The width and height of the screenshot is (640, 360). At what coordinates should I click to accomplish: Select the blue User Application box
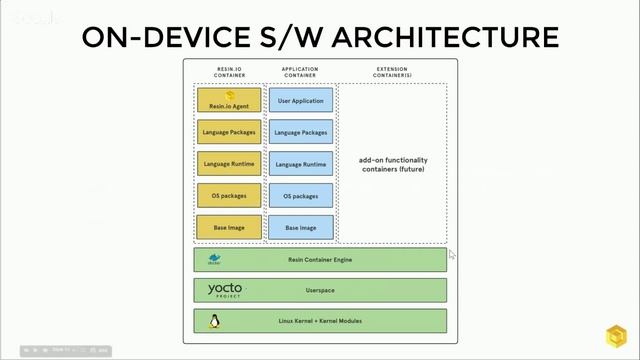coord(300,100)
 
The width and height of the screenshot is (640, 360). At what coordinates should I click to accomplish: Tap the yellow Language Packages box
coord(229,132)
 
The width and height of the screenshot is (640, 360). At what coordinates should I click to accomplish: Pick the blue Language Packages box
coord(300,132)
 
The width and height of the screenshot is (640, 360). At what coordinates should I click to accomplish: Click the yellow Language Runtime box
coord(229,164)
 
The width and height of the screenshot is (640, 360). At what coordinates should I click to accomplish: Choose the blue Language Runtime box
coord(300,164)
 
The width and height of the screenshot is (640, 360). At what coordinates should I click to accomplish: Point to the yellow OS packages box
coord(229,196)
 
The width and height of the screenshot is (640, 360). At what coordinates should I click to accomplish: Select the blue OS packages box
coord(300,196)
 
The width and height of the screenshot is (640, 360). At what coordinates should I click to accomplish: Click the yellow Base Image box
coord(229,228)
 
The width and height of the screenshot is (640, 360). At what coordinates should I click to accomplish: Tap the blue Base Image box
coord(300,228)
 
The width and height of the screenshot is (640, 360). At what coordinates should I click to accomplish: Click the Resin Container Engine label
coord(320,260)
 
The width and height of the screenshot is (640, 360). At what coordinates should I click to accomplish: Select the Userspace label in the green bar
coord(320,291)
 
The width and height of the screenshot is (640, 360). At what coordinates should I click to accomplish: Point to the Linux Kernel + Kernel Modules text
coord(320,322)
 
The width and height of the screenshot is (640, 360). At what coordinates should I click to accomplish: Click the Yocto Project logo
coord(225,290)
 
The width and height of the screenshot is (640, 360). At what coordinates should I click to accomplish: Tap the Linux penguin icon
coord(213,321)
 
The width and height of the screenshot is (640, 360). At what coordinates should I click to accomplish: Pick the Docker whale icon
coord(214,259)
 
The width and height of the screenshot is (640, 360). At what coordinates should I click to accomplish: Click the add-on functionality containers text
coord(392,164)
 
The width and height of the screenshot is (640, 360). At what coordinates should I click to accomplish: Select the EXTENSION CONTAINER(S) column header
coord(392,72)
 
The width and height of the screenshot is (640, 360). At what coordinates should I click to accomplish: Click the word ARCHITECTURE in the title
coord(444,37)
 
